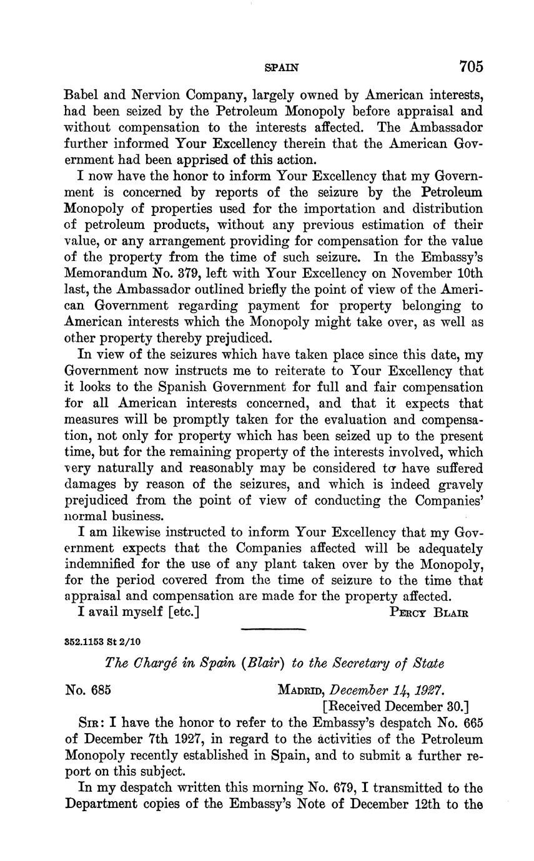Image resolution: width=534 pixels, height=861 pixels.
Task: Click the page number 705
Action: (472, 66)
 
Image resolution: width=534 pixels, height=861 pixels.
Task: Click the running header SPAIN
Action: (282, 67)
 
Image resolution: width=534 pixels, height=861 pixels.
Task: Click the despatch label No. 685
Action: (88, 691)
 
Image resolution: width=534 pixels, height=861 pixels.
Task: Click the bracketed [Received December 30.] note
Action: (395, 707)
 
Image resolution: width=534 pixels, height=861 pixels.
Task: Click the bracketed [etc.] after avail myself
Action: (184, 611)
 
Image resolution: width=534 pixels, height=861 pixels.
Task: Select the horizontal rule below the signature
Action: (272, 629)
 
